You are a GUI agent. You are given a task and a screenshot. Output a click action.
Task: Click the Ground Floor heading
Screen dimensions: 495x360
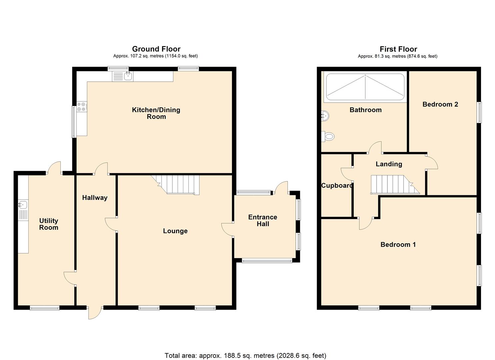click(x=156, y=49)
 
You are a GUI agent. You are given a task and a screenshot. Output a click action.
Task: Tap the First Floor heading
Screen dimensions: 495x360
click(x=398, y=49)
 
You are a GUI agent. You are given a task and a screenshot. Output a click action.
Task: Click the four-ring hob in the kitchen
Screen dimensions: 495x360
click(x=82, y=107)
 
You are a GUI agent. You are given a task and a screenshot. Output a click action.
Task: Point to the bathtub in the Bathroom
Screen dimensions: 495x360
click(x=365, y=87)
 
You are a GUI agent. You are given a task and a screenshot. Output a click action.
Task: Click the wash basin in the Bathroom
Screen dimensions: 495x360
click(x=325, y=116)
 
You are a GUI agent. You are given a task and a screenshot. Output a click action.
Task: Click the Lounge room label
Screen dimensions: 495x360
click(x=175, y=231)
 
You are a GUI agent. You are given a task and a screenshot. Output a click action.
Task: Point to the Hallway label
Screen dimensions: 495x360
click(x=95, y=198)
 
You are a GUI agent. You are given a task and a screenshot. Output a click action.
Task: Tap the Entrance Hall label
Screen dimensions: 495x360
click(x=263, y=220)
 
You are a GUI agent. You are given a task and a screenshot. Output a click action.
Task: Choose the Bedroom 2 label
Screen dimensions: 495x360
click(x=440, y=104)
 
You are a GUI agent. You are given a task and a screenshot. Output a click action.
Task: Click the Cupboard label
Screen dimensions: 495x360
click(x=337, y=185)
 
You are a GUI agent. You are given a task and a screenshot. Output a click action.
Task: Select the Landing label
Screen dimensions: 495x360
click(x=389, y=164)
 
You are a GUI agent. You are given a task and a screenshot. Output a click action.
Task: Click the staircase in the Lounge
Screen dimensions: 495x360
click(x=175, y=185)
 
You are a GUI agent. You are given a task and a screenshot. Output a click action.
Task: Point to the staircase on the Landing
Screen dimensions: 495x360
click(x=395, y=185)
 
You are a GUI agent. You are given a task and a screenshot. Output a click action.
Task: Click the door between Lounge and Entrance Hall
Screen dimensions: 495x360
click(x=228, y=230)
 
